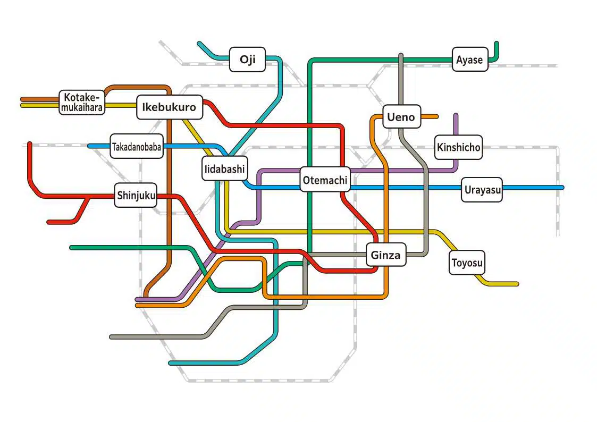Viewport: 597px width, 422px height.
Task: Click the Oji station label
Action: coord(248,60)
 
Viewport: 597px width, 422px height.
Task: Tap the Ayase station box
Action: coord(470,60)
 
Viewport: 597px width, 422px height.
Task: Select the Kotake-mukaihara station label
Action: coord(82,103)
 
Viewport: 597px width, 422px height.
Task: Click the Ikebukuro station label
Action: coord(170,107)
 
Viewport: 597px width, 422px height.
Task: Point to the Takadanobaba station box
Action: coord(137,146)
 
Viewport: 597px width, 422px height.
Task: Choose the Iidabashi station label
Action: coord(225,168)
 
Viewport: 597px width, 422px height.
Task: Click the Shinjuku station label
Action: coord(136,195)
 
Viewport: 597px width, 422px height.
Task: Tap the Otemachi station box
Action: coord(325,179)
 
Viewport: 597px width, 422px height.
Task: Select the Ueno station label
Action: coord(401,116)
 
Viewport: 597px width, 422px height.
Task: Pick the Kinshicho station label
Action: coord(458,147)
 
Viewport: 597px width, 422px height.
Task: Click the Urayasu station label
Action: coord(482,190)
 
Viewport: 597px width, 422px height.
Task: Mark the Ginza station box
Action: coord(386,255)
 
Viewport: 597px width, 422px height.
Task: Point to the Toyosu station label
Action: coord(467,263)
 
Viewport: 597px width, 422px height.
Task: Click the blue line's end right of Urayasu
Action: coord(562,188)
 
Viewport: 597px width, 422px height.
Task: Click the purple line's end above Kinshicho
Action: coord(456,115)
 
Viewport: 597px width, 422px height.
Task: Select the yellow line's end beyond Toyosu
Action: coord(517,284)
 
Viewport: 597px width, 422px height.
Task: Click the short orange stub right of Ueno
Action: coord(430,116)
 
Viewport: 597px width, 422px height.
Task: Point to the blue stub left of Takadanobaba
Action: coord(99,146)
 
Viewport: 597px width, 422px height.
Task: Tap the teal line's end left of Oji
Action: coord(199,44)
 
